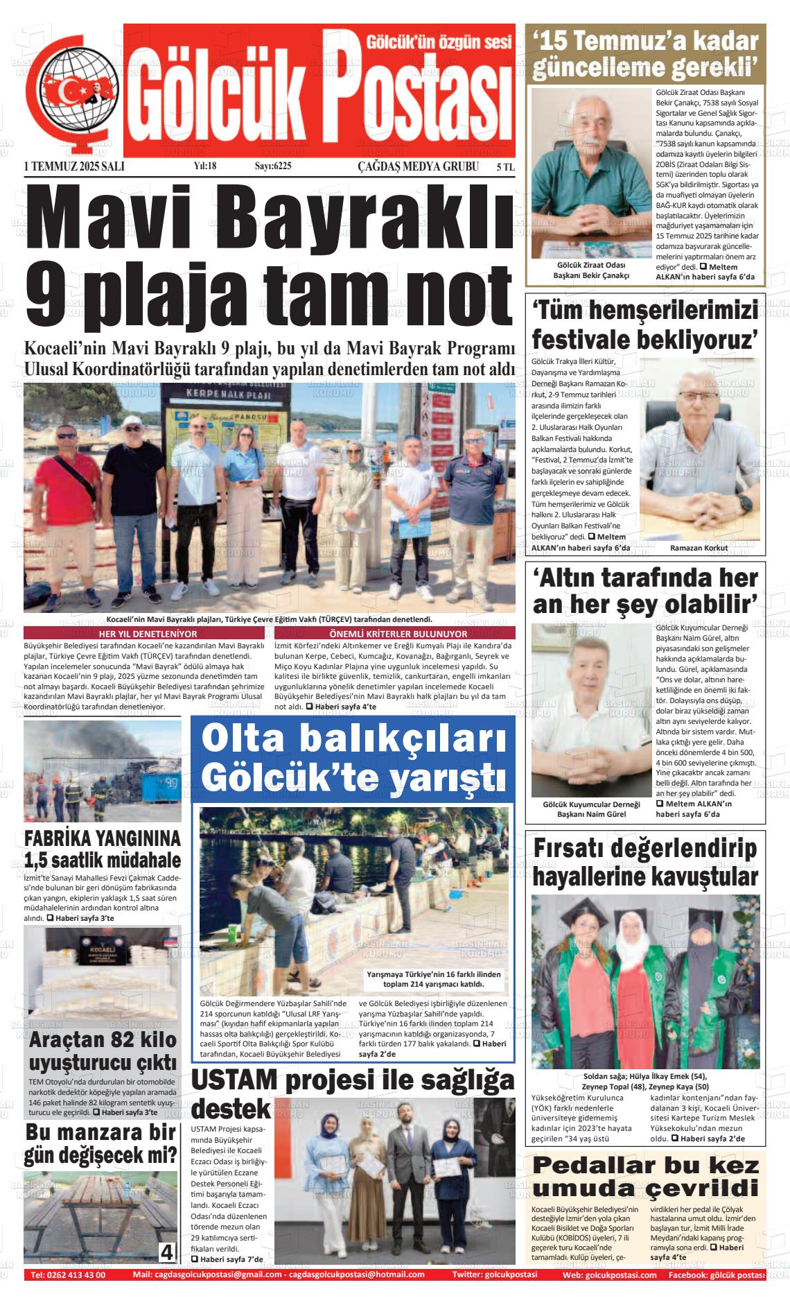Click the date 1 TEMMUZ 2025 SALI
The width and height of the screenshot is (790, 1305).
[74, 166]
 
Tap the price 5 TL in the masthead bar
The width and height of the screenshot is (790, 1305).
[505, 166]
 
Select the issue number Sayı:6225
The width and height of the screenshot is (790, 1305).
[273, 166]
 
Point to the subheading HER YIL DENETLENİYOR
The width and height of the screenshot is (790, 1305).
[148, 634]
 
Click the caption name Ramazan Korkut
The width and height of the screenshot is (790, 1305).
[699, 548]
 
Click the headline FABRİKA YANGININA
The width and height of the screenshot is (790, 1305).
[102, 838]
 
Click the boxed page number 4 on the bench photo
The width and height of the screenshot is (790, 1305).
[167, 1252]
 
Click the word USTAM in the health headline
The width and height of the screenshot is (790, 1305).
[234, 1080]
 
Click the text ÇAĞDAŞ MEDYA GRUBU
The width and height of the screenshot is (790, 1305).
[418, 166]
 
